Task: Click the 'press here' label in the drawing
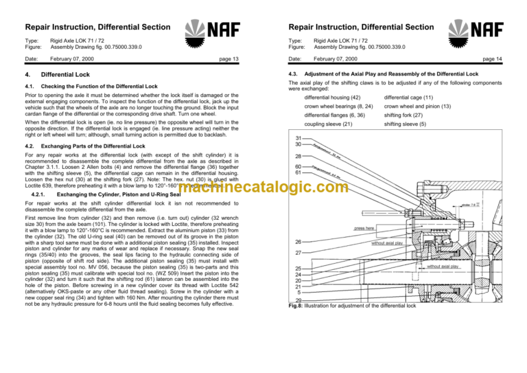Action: point(363,228)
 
